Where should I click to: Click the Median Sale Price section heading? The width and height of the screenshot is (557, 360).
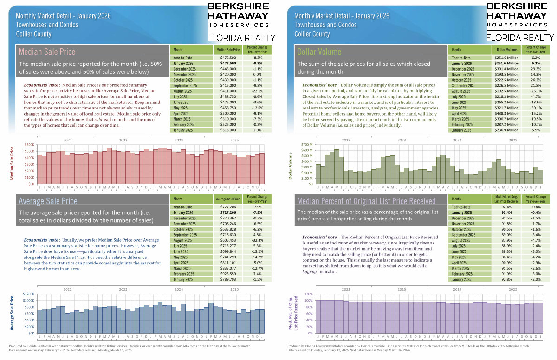pos(46,51)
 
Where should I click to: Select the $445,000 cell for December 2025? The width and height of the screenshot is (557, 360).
pos(227,69)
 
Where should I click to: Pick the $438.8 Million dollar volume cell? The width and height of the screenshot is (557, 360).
pos(507,113)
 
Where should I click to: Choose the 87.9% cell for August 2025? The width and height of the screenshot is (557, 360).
pos(507,240)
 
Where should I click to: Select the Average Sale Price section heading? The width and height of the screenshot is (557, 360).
pos(48,201)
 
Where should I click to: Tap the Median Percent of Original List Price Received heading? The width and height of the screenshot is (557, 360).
pos(366,201)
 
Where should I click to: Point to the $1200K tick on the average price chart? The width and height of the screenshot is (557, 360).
pos(27,294)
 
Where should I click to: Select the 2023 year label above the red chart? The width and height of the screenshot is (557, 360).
pos(123,140)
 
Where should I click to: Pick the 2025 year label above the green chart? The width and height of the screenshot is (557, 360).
pos(513,140)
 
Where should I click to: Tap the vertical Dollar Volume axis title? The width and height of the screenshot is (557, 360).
pos(291,164)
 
